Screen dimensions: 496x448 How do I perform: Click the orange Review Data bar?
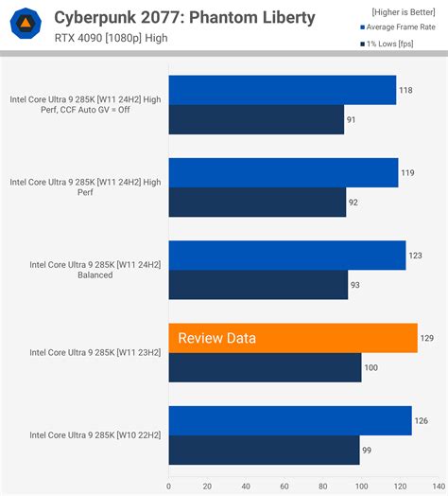pyautogui.click(x=293, y=338)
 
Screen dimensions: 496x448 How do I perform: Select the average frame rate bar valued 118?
pyautogui.click(x=282, y=90)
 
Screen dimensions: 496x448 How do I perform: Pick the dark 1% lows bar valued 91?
pyautogui.click(x=255, y=119)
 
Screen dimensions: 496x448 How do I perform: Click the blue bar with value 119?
pyautogui.click(x=284, y=172)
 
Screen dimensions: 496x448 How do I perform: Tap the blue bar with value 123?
pyautogui.click(x=287, y=256)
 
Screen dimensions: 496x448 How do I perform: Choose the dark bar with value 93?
pyautogui.click(x=258, y=284)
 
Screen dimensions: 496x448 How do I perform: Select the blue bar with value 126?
pyautogui.click(x=290, y=420)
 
